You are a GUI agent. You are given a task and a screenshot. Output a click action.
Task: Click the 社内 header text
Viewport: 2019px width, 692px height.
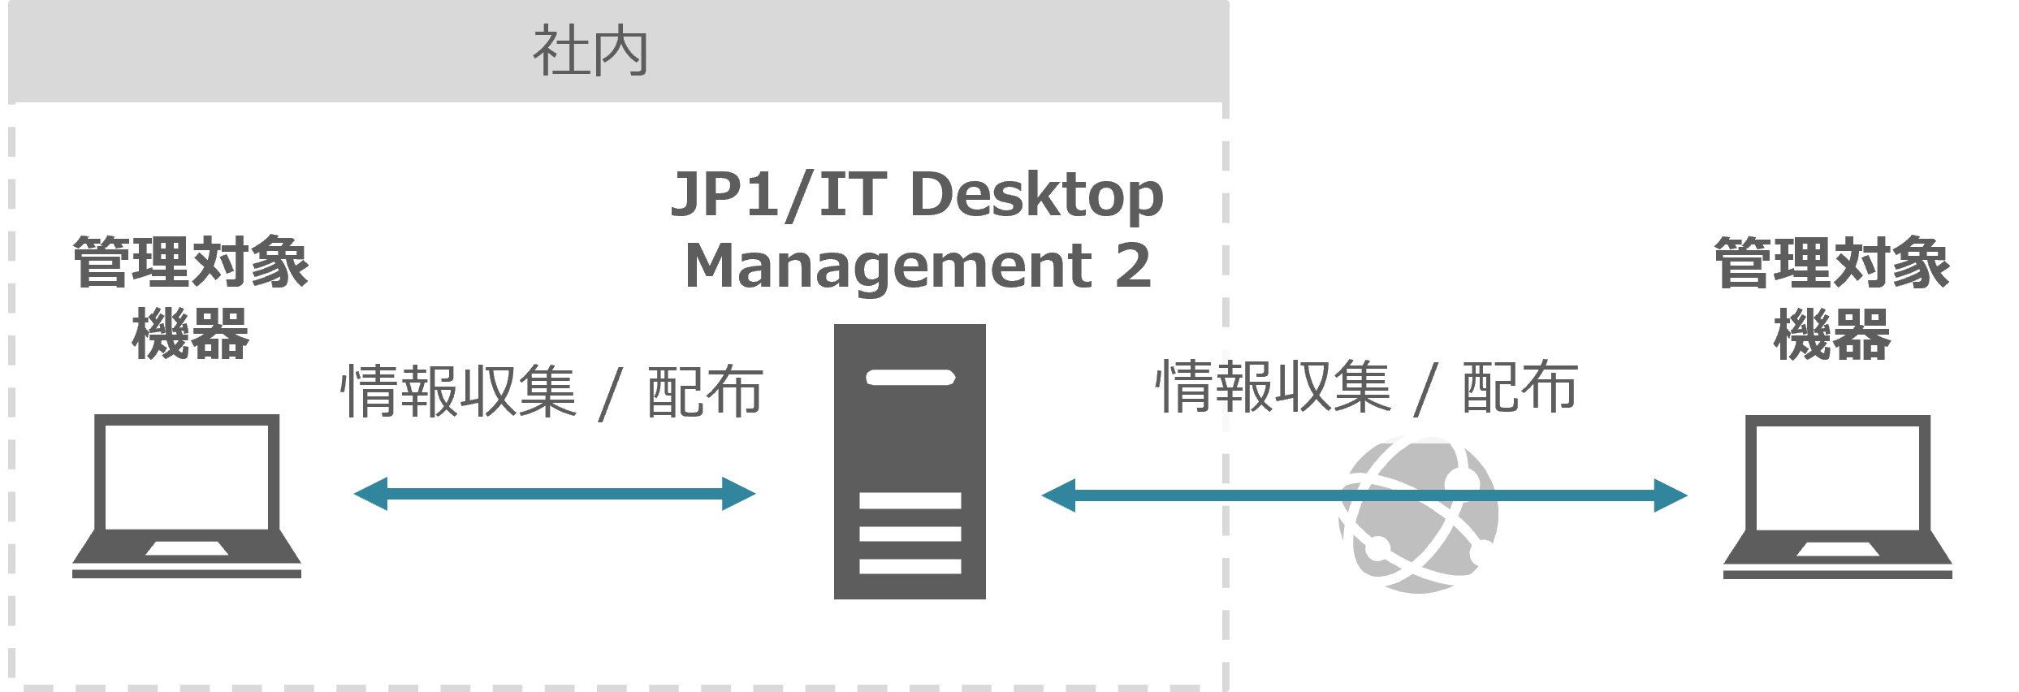pyautogui.click(x=590, y=51)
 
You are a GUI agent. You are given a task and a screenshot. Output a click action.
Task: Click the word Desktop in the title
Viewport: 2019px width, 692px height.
pyautogui.click(x=1037, y=196)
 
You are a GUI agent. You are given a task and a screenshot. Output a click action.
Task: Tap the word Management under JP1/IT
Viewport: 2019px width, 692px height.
pyautogui.click(x=888, y=266)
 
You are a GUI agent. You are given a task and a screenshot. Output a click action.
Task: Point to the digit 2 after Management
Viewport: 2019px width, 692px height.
pyautogui.click(x=1133, y=266)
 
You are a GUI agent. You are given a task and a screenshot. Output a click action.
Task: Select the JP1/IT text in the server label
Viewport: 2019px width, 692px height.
pyautogui.click(x=779, y=195)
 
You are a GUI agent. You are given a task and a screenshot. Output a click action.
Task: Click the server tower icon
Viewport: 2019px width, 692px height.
pyautogui.click(x=910, y=461)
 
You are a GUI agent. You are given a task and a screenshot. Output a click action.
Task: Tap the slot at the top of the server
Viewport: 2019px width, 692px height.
pyautogui.click(x=910, y=378)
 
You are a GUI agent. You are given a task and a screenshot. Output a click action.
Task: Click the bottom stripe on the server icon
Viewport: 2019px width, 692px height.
pyautogui.click(x=910, y=566)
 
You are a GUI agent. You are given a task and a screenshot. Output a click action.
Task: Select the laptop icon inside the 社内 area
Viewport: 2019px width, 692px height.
pyautogui.click(x=187, y=495)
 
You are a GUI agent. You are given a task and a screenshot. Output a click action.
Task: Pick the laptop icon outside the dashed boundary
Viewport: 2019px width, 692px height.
pyautogui.click(x=1837, y=496)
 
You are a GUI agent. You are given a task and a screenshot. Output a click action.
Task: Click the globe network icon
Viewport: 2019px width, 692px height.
pyautogui.click(x=1419, y=517)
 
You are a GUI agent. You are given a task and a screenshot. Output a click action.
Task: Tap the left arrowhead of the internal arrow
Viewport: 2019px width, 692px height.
pyautogui.click(x=370, y=494)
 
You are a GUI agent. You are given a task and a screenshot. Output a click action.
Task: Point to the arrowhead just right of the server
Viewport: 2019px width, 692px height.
pyautogui.click(x=1058, y=495)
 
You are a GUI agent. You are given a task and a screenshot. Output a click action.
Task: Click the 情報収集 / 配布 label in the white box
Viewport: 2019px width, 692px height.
pyautogui.click(x=1366, y=388)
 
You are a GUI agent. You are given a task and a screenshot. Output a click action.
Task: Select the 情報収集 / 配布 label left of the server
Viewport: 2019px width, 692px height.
pyautogui.click(x=551, y=392)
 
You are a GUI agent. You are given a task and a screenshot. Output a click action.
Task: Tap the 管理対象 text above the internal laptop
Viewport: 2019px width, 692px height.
pyautogui.click(x=191, y=263)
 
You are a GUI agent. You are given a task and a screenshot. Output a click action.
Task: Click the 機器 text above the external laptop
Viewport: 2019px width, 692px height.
pyautogui.click(x=1832, y=334)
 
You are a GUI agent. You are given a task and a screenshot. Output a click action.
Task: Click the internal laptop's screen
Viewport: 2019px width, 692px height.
pyautogui.click(x=187, y=476)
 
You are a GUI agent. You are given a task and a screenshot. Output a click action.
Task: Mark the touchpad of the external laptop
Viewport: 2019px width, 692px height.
pyautogui.click(x=1837, y=549)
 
